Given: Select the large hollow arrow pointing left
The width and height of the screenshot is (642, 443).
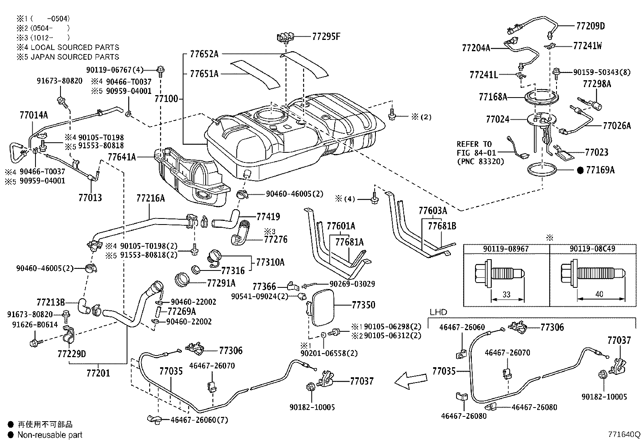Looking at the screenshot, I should click(410, 380).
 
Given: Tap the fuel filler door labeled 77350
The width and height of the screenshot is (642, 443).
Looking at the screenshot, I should click(322, 308).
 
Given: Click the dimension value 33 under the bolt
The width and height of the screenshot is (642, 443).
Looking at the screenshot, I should click(507, 295).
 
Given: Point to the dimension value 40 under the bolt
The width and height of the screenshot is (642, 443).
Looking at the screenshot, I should click(599, 294).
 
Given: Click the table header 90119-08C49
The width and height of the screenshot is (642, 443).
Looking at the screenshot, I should click(592, 249).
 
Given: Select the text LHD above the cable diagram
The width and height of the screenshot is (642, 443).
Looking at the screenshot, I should click(438, 312).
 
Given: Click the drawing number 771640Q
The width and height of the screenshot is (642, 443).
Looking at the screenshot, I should click(624, 435).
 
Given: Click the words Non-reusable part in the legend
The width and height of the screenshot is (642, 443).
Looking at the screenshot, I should click(50, 435).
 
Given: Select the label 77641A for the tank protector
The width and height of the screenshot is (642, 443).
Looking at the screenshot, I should click(122, 157).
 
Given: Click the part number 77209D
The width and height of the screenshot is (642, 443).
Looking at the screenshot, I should click(590, 26).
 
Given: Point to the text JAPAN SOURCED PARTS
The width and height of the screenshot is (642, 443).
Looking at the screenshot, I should click(75, 57).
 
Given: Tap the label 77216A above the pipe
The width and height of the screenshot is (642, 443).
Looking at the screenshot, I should click(150, 198).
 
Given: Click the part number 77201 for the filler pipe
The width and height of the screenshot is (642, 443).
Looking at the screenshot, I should click(98, 373).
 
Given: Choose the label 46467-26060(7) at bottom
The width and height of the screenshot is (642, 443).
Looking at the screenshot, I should click(199, 420).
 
